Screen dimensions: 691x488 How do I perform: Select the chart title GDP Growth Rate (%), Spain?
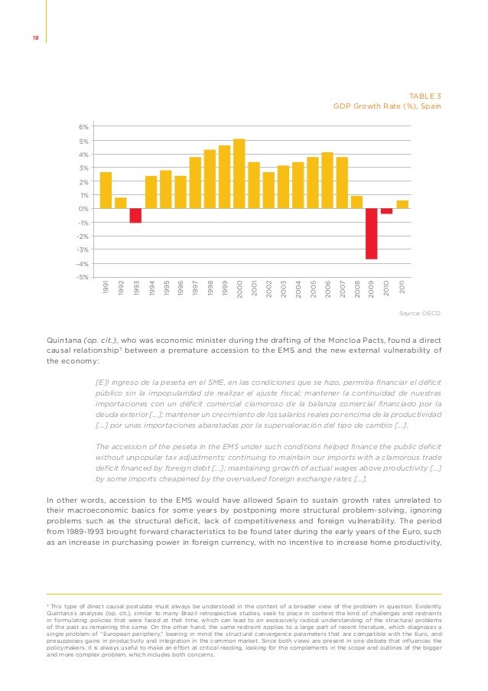click(387, 106)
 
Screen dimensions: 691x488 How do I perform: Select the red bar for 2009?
click(372, 234)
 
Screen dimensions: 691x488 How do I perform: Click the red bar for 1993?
click(135, 216)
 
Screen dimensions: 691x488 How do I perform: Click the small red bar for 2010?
click(387, 211)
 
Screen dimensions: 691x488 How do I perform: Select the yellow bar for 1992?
click(121, 203)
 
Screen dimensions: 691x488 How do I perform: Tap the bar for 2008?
click(357, 202)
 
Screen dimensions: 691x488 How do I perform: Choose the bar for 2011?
click(402, 204)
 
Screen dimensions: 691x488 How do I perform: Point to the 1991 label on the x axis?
click(106, 289)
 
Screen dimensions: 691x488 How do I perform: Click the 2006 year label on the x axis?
click(328, 289)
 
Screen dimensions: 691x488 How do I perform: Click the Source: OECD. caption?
click(421, 313)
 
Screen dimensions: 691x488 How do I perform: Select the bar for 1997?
click(195, 183)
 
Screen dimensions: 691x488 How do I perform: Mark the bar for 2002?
click(268, 191)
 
